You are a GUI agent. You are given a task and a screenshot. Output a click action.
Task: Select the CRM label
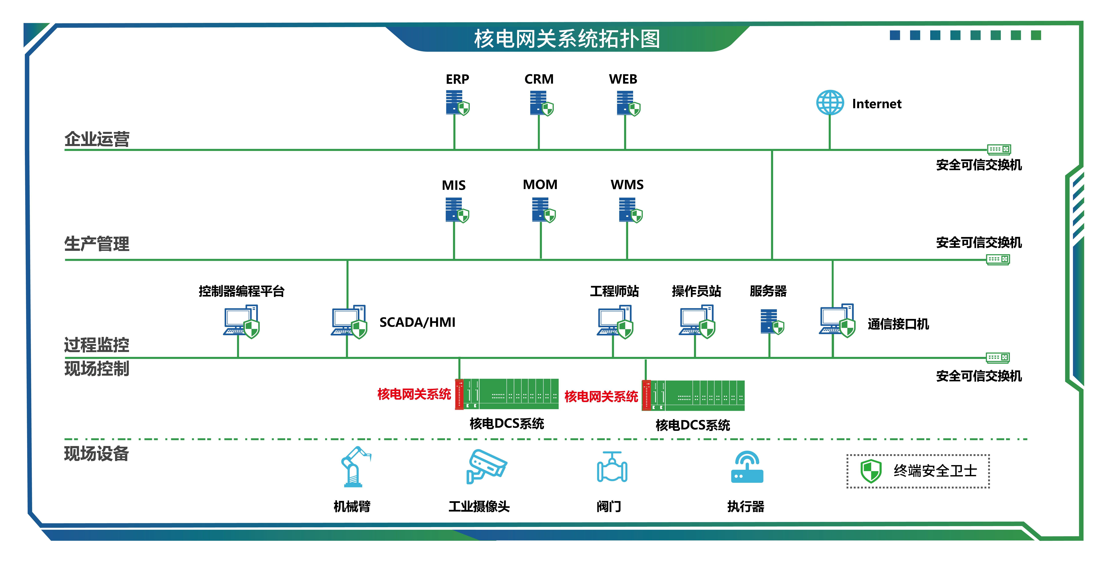tap(539, 79)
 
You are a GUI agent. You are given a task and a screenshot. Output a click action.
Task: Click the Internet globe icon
tap(830, 103)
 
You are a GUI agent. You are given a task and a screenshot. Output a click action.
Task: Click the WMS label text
tap(627, 185)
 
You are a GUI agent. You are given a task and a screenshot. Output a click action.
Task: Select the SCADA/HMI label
tap(417, 322)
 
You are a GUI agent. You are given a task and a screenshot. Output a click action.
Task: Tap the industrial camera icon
tap(486, 466)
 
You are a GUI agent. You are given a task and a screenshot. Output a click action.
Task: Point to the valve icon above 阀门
tap(612, 467)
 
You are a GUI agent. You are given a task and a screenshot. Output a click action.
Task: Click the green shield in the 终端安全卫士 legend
tap(871, 471)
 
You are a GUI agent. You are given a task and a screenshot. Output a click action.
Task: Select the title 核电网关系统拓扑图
tap(567, 39)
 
